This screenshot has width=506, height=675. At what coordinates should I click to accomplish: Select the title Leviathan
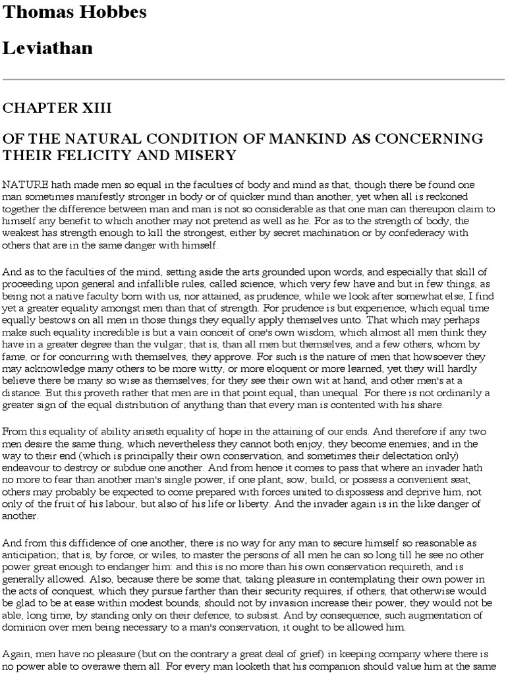pos(48,47)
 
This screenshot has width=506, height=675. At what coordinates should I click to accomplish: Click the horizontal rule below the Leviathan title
pos(253,80)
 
